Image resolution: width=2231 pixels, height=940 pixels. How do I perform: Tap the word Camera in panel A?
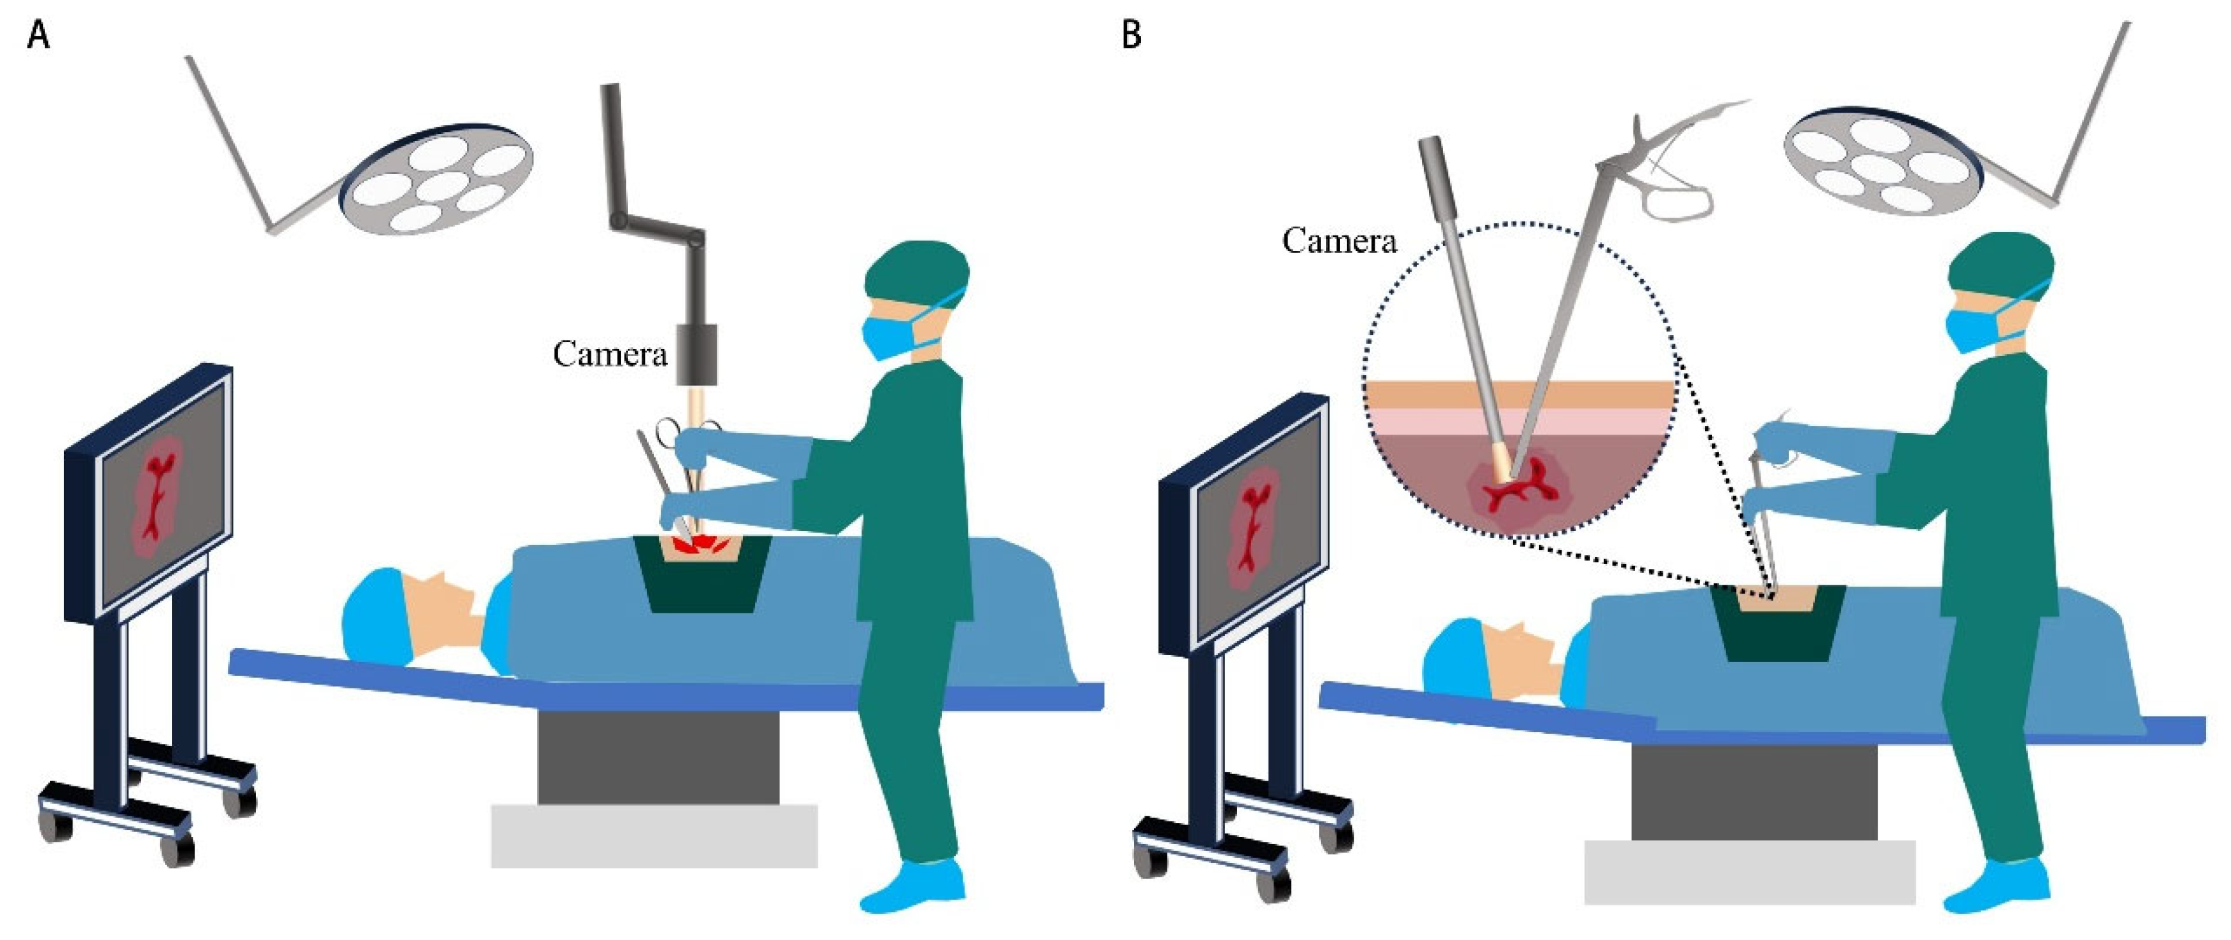(610, 353)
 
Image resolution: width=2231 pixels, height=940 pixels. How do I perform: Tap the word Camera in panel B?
(1339, 240)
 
